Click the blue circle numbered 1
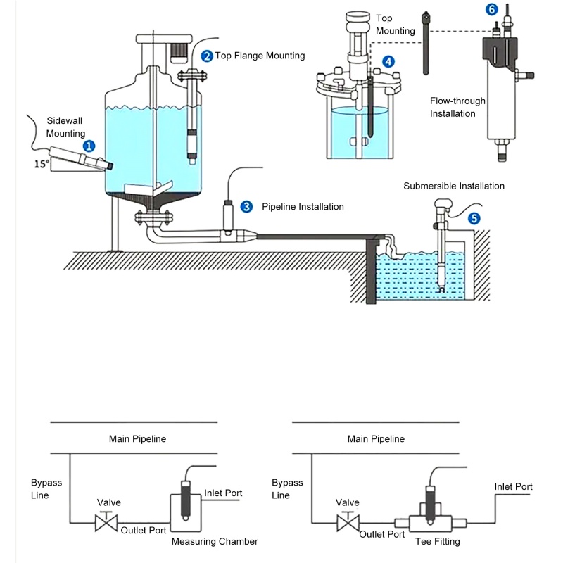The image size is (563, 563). tap(89, 146)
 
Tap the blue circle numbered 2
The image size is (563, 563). tap(207, 56)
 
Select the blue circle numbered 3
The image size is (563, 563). tap(246, 206)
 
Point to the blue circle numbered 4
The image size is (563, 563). tap(388, 62)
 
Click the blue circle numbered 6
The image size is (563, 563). tap(491, 9)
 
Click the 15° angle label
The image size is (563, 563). tap(43, 164)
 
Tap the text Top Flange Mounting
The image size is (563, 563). tap(260, 56)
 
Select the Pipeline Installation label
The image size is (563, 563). tap(303, 207)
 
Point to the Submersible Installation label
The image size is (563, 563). tap(454, 186)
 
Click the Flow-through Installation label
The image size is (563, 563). tap(457, 107)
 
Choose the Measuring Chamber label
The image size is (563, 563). tap(215, 541)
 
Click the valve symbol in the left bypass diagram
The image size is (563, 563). tap(106, 523)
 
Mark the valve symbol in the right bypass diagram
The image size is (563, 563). tap(346, 523)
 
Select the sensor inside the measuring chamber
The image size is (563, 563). tap(186, 500)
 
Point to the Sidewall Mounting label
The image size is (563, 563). tap(65, 127)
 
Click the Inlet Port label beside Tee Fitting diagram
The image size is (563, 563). tap(513, 486)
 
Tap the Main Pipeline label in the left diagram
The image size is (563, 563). tap(137, 438)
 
